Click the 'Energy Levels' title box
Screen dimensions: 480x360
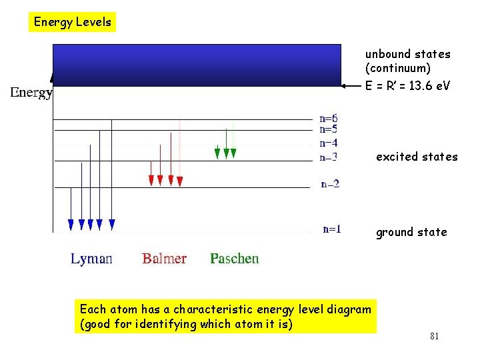click(x=73, y=22)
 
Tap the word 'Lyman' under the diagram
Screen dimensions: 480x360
click(x=91, y=259)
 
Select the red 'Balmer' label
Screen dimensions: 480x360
click(x=164, y=259)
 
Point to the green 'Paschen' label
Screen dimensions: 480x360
click(x=234, y=259)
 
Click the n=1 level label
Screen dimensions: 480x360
click(x=332, y=229)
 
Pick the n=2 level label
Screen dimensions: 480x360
click(x=330, y=184)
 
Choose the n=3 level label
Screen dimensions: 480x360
click(x=329, y=158)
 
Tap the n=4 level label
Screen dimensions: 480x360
click(x=329, y=143)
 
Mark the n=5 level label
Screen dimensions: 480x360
click(x=329, y=129)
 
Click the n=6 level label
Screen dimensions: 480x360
click(x=329, y=119)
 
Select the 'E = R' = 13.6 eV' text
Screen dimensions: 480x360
click(x=407, y=86)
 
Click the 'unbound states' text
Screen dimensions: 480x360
click(x=407, y=54)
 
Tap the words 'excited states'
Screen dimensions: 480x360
click(x=417, y=157)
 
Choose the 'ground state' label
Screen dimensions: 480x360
click(x=411, y=232)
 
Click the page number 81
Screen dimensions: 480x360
click(x=434, y=337)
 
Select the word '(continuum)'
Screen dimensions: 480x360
click(x=397, y=68)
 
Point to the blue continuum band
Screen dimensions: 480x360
click(x=197, y=65)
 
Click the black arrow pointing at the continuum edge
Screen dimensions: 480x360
click(x=351, y=86)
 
